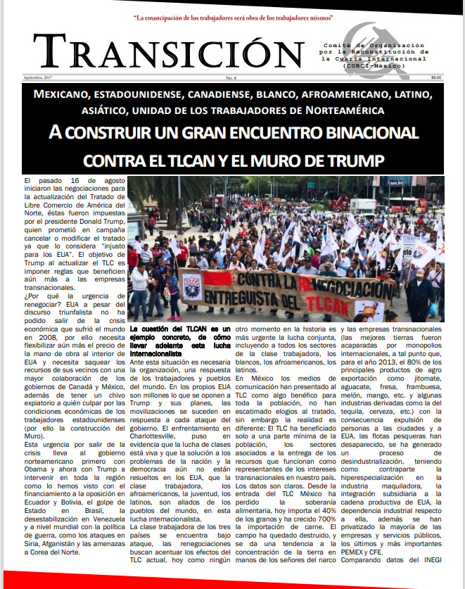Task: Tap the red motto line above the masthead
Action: [x=232, y=15]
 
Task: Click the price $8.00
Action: [x=436, y=77]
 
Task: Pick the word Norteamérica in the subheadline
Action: [x=348, y=110]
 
